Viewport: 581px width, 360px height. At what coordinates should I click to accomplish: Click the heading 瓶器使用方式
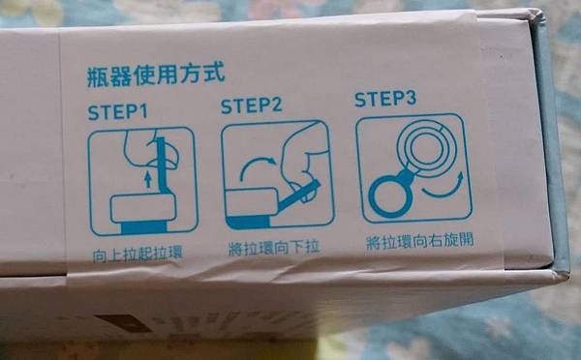click(156, 75)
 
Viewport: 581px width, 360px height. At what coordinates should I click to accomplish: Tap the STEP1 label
click(117, 112)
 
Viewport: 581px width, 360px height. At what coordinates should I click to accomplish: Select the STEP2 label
click(251, 105)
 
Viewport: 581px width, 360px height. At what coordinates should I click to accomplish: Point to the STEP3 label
click(385, 99)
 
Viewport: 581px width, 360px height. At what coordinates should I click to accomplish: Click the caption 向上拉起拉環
click(138, 255)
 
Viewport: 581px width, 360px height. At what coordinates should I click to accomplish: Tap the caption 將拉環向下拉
click(273, 248)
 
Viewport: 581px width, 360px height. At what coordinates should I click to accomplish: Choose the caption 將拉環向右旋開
click(419, 242)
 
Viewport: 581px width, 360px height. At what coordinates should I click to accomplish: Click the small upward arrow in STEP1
click(148, 179)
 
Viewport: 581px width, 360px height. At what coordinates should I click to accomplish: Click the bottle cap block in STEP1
click(142, 208)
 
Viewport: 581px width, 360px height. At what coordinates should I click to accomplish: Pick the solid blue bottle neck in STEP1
click(143, 226)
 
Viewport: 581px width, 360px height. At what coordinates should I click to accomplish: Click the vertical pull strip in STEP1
click(162, 165)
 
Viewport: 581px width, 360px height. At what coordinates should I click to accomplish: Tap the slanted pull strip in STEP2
click(298, 195)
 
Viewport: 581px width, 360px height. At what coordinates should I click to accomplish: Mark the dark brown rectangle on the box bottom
click(121, 323)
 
